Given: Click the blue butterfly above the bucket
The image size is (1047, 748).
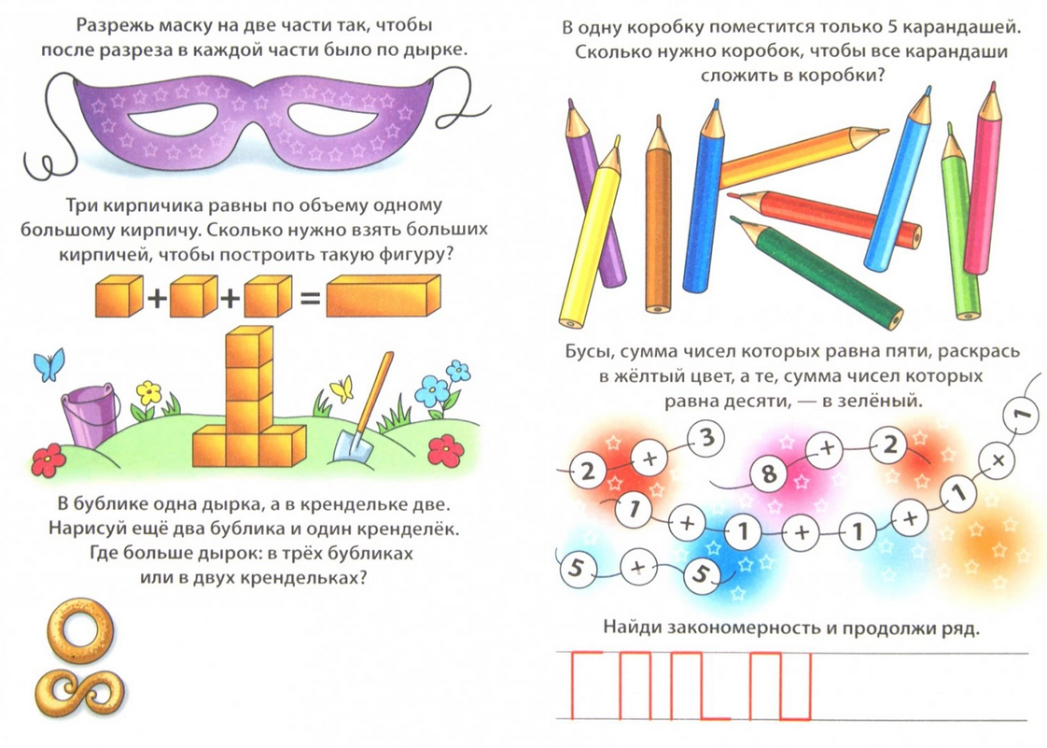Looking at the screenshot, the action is (49, 364).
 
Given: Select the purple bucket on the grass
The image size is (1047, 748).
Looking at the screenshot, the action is (91, 416).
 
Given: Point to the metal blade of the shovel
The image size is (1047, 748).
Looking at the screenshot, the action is (349, 445).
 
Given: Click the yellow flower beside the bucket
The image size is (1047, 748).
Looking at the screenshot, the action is (149, 392).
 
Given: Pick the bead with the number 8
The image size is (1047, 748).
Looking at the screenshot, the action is (769, 474).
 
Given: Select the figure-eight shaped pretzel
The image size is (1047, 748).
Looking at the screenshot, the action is (80, 693).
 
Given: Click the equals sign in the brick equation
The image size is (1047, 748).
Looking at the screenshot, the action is (309, 299).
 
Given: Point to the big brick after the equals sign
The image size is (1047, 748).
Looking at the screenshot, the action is (384, 295).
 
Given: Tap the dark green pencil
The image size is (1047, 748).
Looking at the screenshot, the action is (816, 272).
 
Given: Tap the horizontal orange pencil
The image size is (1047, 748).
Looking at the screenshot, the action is (803, 158).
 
